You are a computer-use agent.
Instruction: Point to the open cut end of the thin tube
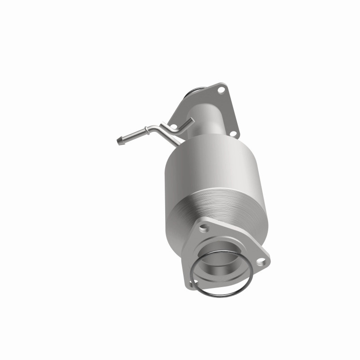pyautogui.click(x=192, y=120)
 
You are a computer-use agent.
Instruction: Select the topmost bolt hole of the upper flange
pyautogui.click(x=220, y=90)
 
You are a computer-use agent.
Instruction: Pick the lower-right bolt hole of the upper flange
pyautogui.click(x=233, y=134)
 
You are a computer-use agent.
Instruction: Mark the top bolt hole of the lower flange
pyautogui.click(x=204, y=228)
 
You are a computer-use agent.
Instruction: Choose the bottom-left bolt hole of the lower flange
pyautogui.click(x=194, y=283)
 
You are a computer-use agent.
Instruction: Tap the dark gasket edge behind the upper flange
pyautogui.click(x=192, y=93)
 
